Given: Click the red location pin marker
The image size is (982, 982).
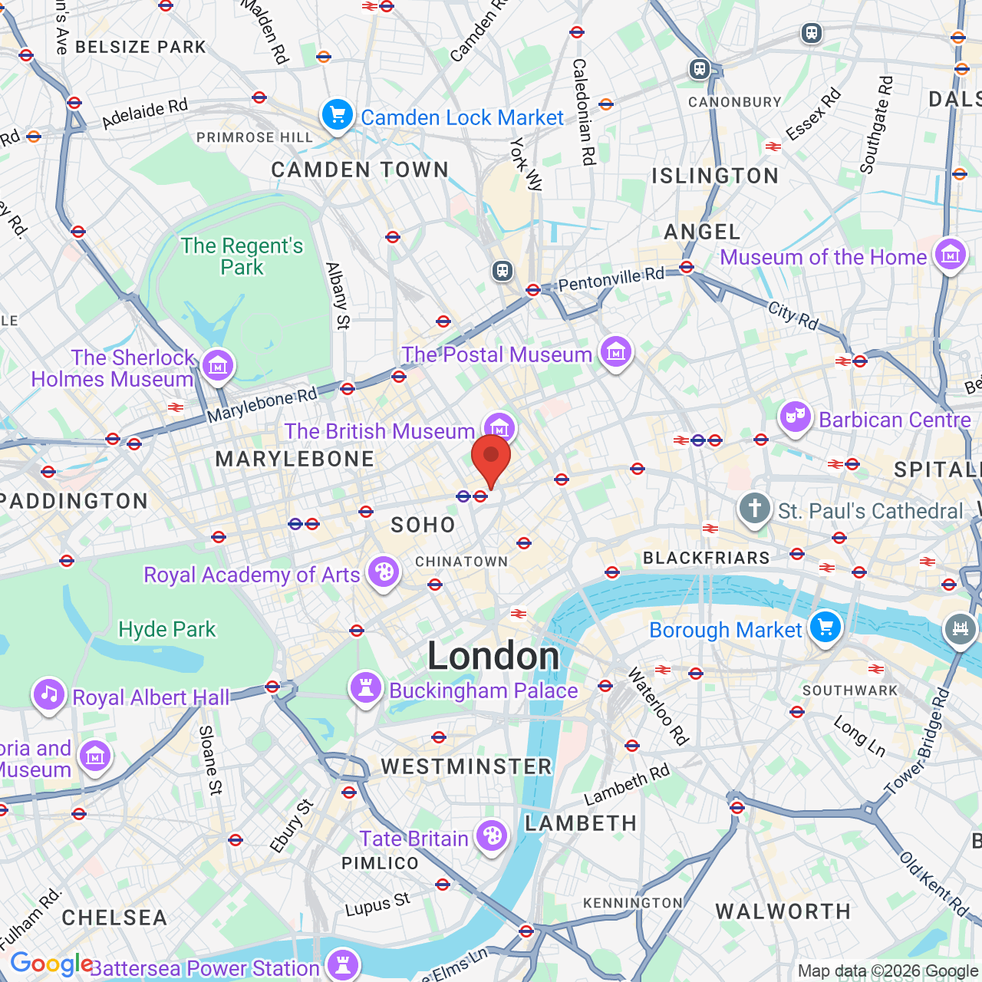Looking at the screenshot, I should click(491, 458).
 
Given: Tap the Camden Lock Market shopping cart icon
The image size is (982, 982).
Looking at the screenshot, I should click(337, 116).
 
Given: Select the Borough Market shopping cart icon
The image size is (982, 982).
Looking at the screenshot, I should click(825, 628).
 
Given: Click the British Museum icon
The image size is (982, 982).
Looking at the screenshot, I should click(499, 427).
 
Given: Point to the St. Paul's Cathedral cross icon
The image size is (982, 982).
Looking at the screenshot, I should click(755, 509).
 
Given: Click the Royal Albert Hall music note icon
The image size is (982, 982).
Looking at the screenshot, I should click(48, 695).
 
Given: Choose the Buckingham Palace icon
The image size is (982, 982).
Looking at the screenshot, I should click(366, 688).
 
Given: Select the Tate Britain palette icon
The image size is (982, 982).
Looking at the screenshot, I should click(492, 836).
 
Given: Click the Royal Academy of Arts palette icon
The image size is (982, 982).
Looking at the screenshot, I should click(383, 572).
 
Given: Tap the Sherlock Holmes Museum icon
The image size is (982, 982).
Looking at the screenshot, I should click(218, 366).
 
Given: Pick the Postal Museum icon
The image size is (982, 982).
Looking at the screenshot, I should click(615, 352).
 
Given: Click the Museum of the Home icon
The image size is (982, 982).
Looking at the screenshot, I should click(951, 255).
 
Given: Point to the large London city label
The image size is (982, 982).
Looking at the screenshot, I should click(493, 656).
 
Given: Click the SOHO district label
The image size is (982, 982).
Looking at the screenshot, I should click(423, 525).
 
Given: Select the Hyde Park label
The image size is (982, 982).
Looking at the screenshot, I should click(167, 629).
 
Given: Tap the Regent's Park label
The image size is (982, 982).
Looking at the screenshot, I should click(242, 256).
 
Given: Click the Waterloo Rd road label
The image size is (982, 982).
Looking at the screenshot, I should click(658, 707).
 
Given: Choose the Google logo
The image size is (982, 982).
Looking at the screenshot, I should click(51, 964).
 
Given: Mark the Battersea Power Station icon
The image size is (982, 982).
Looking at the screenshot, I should click(342, 965).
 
